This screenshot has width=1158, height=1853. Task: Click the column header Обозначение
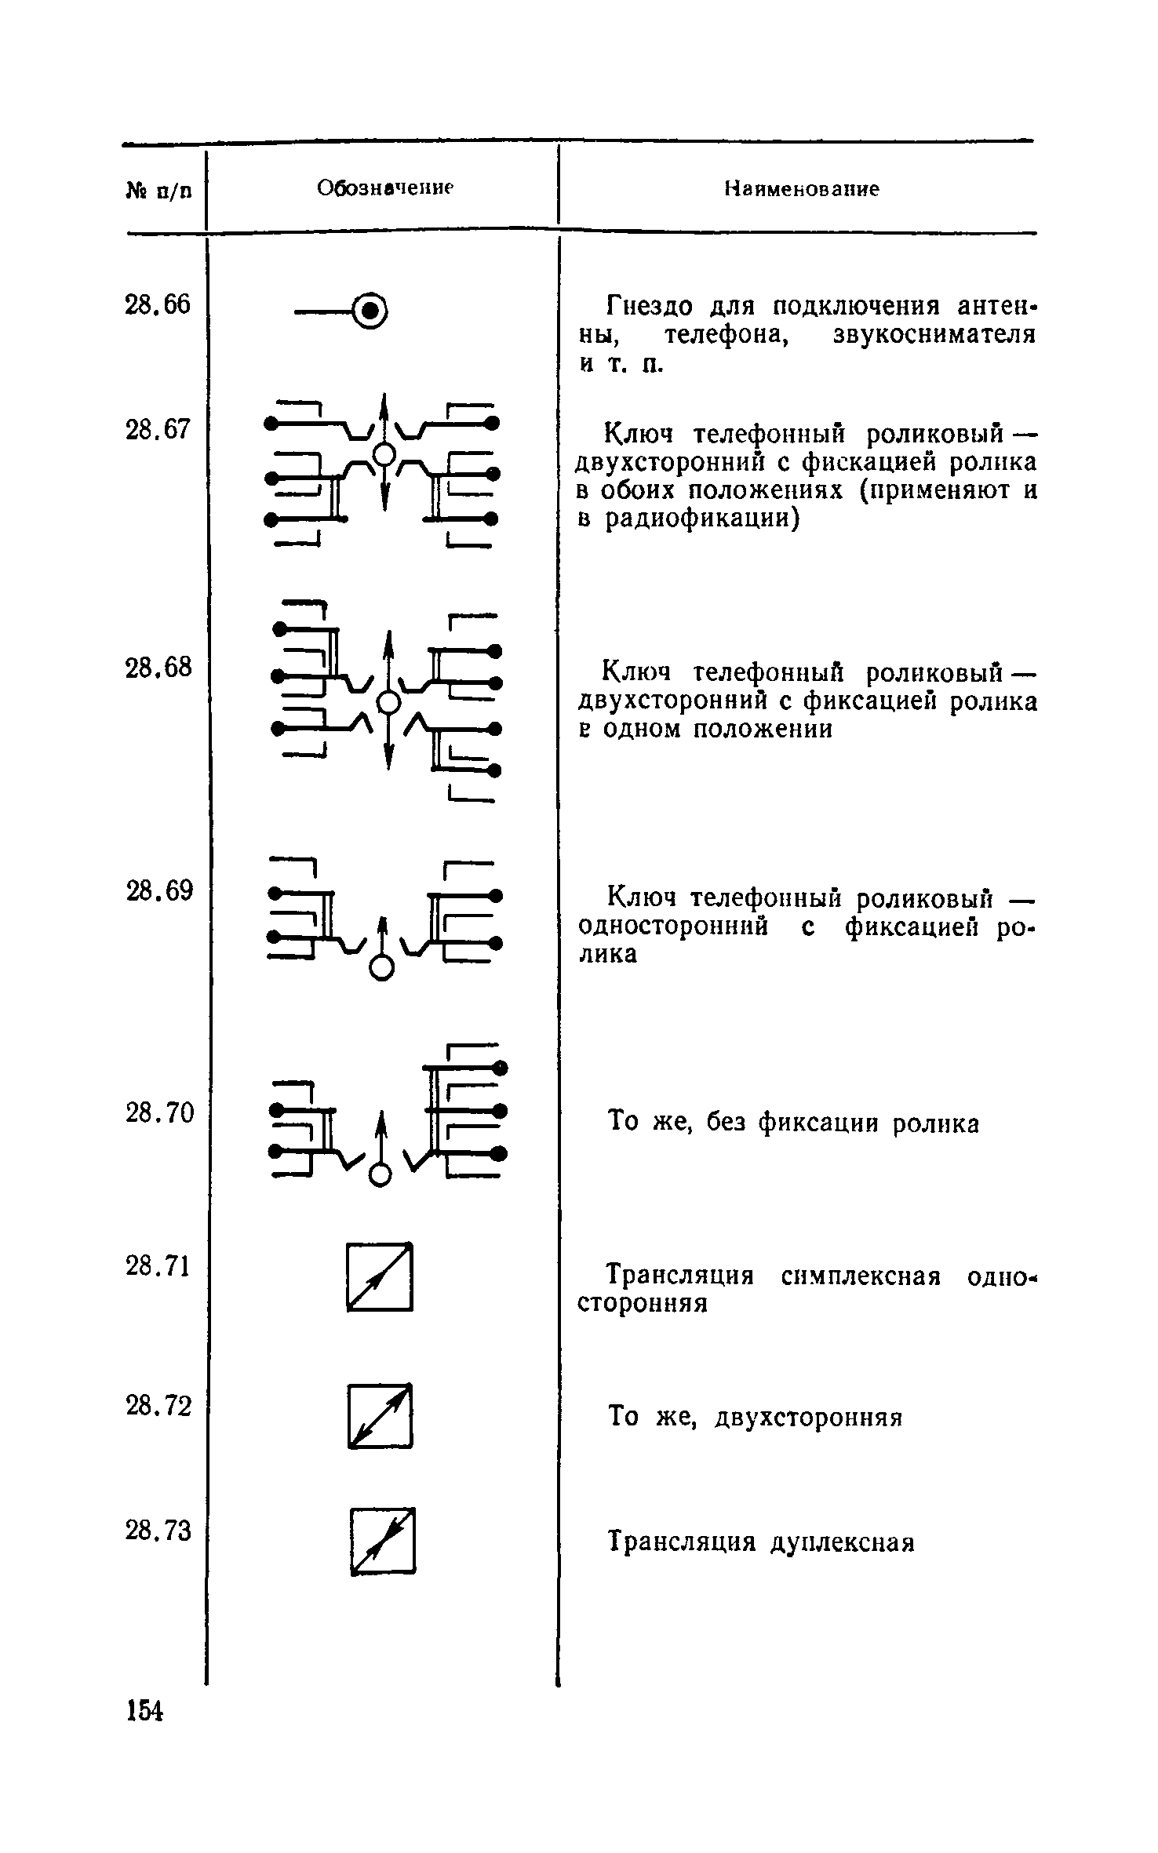point(385,188)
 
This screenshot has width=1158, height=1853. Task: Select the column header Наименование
point(801,189)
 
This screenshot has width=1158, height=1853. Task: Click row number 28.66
point(158,304)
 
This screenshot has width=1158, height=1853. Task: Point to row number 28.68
point(158,668)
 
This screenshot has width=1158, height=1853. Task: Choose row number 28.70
point(158,1112)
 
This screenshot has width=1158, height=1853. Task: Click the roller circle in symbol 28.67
point(384,454)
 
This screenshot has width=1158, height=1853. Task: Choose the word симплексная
point(861,1276)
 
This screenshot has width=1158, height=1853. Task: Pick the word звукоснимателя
point(934,335)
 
